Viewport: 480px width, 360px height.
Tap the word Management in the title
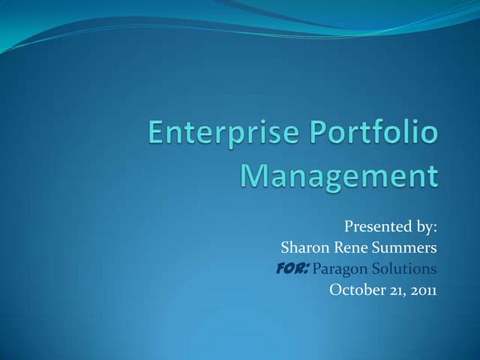pyautogui.click(x=338, y=177)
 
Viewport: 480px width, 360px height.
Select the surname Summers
pyautogui.click(x=406, y=247)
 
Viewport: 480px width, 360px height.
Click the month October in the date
pyautogui.click(x=357, y=289)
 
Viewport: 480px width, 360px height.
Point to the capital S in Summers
pyautogui.click(x=379, y=247)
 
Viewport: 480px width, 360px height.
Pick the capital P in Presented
pyautogui.click(x=349, y=226)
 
